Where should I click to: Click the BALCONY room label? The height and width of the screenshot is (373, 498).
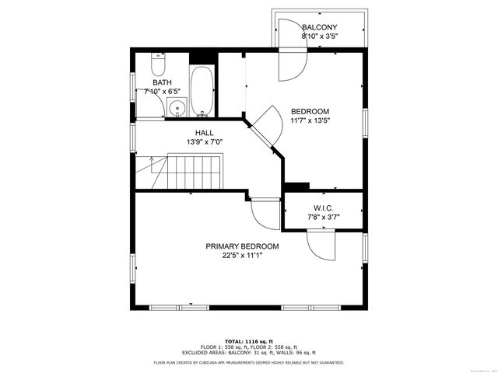tap(319, 26)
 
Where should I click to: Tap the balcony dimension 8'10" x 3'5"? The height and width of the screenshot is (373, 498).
tap(319, 36)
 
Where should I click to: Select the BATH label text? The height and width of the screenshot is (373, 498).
tap(162, 82)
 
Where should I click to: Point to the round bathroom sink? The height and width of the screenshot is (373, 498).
tap(177, 109)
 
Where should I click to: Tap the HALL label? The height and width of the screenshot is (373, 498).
tap(205, 133)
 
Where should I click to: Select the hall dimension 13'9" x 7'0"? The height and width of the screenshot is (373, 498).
tap(205, 142)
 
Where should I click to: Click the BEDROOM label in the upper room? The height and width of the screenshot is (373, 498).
tap(310, 111)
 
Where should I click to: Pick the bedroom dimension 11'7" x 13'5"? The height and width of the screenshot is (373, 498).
tap(310, 120)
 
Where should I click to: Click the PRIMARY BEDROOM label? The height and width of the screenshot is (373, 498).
tap(242, 246)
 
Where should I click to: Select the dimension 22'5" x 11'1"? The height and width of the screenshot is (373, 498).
tap(242, 256)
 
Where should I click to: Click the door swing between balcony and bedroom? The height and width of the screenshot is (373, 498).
tap(293, 67)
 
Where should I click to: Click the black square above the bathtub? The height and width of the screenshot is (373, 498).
tap(202, 57)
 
